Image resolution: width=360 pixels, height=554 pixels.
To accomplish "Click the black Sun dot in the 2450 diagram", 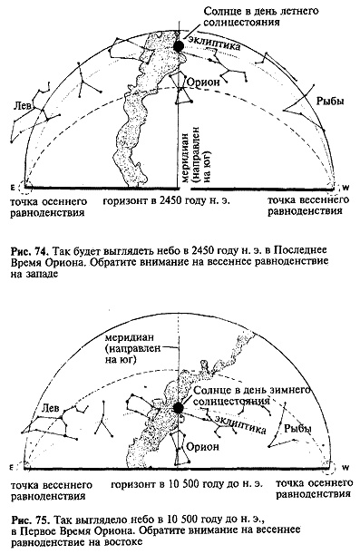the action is click(x=179, y=45).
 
